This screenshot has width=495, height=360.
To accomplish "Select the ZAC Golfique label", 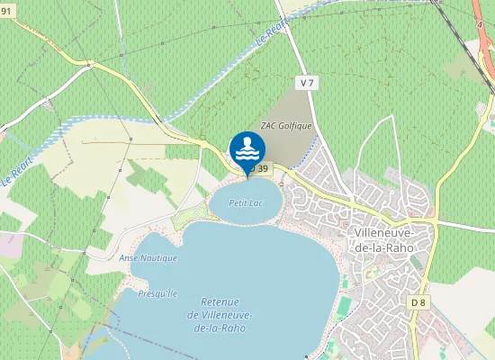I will click(285, 126).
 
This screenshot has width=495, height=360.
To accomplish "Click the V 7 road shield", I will click(308, 83).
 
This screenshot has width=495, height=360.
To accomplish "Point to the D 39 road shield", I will click(260, 168).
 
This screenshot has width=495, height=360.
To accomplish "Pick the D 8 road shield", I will click(417, 302).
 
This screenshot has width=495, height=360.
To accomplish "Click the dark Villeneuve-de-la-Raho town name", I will click(379, 239).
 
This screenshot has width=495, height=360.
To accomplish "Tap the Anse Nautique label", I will click(148, 257).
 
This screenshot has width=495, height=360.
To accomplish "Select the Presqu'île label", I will click(157, 293).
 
